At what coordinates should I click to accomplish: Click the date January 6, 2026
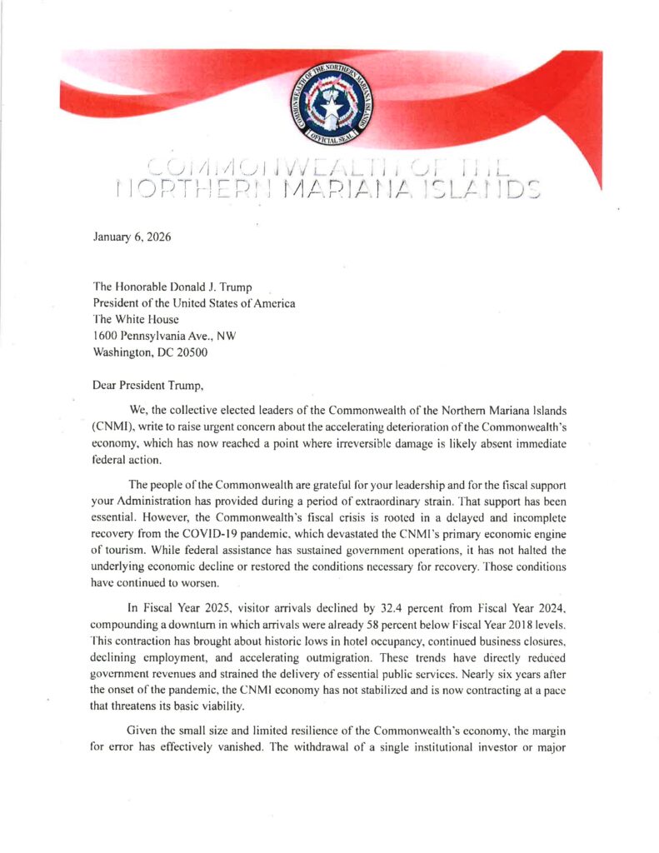pyautogui.click(x=132, y=237)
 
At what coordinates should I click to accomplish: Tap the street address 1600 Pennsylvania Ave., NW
pyautogui.click(x=165, y=335)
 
